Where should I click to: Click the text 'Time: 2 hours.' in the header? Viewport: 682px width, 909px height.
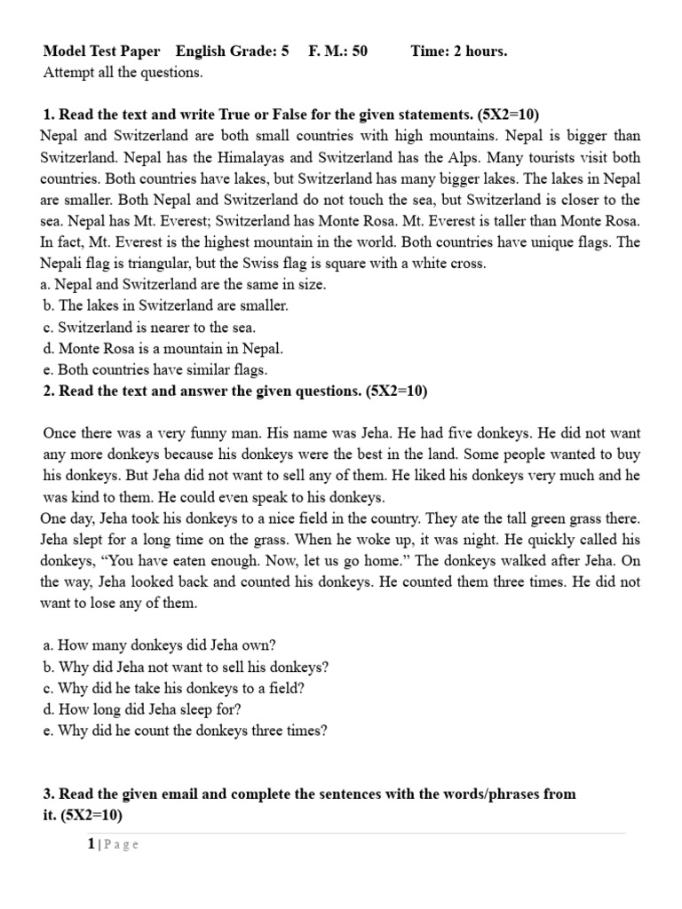(x=458, y=51)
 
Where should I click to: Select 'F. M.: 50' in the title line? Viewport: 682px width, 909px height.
(x=337, y=51)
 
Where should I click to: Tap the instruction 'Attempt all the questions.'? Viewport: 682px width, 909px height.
(x=123, y=73)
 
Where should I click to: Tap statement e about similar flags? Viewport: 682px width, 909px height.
(x=155, y=369)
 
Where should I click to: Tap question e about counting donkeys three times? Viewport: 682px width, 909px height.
(x=186, y=731)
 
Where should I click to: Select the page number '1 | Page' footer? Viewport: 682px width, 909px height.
(x=113, y=845)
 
